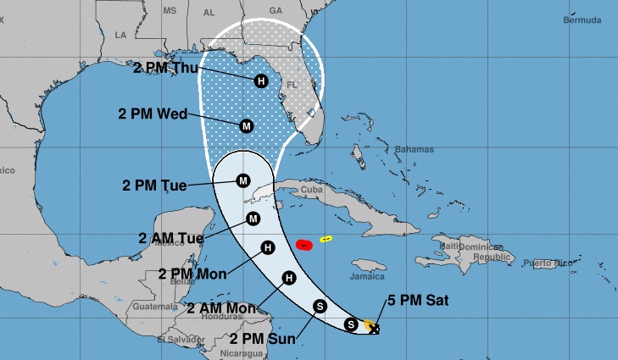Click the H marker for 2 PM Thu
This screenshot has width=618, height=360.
pos(261,81)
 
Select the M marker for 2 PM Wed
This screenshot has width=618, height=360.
pos(247,126)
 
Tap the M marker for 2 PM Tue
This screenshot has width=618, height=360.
pos(243,180)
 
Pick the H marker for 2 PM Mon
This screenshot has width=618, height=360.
pos(268,248)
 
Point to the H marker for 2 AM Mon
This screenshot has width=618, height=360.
pos(289,278)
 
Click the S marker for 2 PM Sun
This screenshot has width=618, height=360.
pos(320,306)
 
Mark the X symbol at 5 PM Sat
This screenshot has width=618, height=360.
pos(374,329)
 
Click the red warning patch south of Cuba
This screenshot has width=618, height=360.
pos(304,245)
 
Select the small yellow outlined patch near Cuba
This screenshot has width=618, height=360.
pos(326,239)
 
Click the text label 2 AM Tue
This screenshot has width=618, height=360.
pos(170,239)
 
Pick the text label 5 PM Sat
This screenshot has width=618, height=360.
pos(417,300)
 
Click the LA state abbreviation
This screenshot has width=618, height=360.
pos(120,35)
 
